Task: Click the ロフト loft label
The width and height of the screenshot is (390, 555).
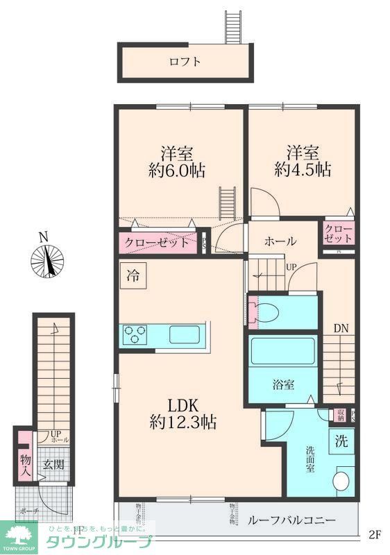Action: tap(185, 61)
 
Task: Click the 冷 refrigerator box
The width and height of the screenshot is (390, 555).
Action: tap(131, 275)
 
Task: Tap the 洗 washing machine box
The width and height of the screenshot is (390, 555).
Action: tap(342, 440)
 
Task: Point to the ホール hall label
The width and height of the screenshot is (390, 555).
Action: tap(280, 241)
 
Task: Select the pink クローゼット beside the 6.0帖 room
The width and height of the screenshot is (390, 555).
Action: tap(157, 243)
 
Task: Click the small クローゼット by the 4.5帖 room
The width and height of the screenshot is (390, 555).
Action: tap(338, 233)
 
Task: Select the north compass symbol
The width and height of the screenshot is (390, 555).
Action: tap(46, 260)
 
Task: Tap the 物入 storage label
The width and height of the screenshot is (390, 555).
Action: tap(25, 464)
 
